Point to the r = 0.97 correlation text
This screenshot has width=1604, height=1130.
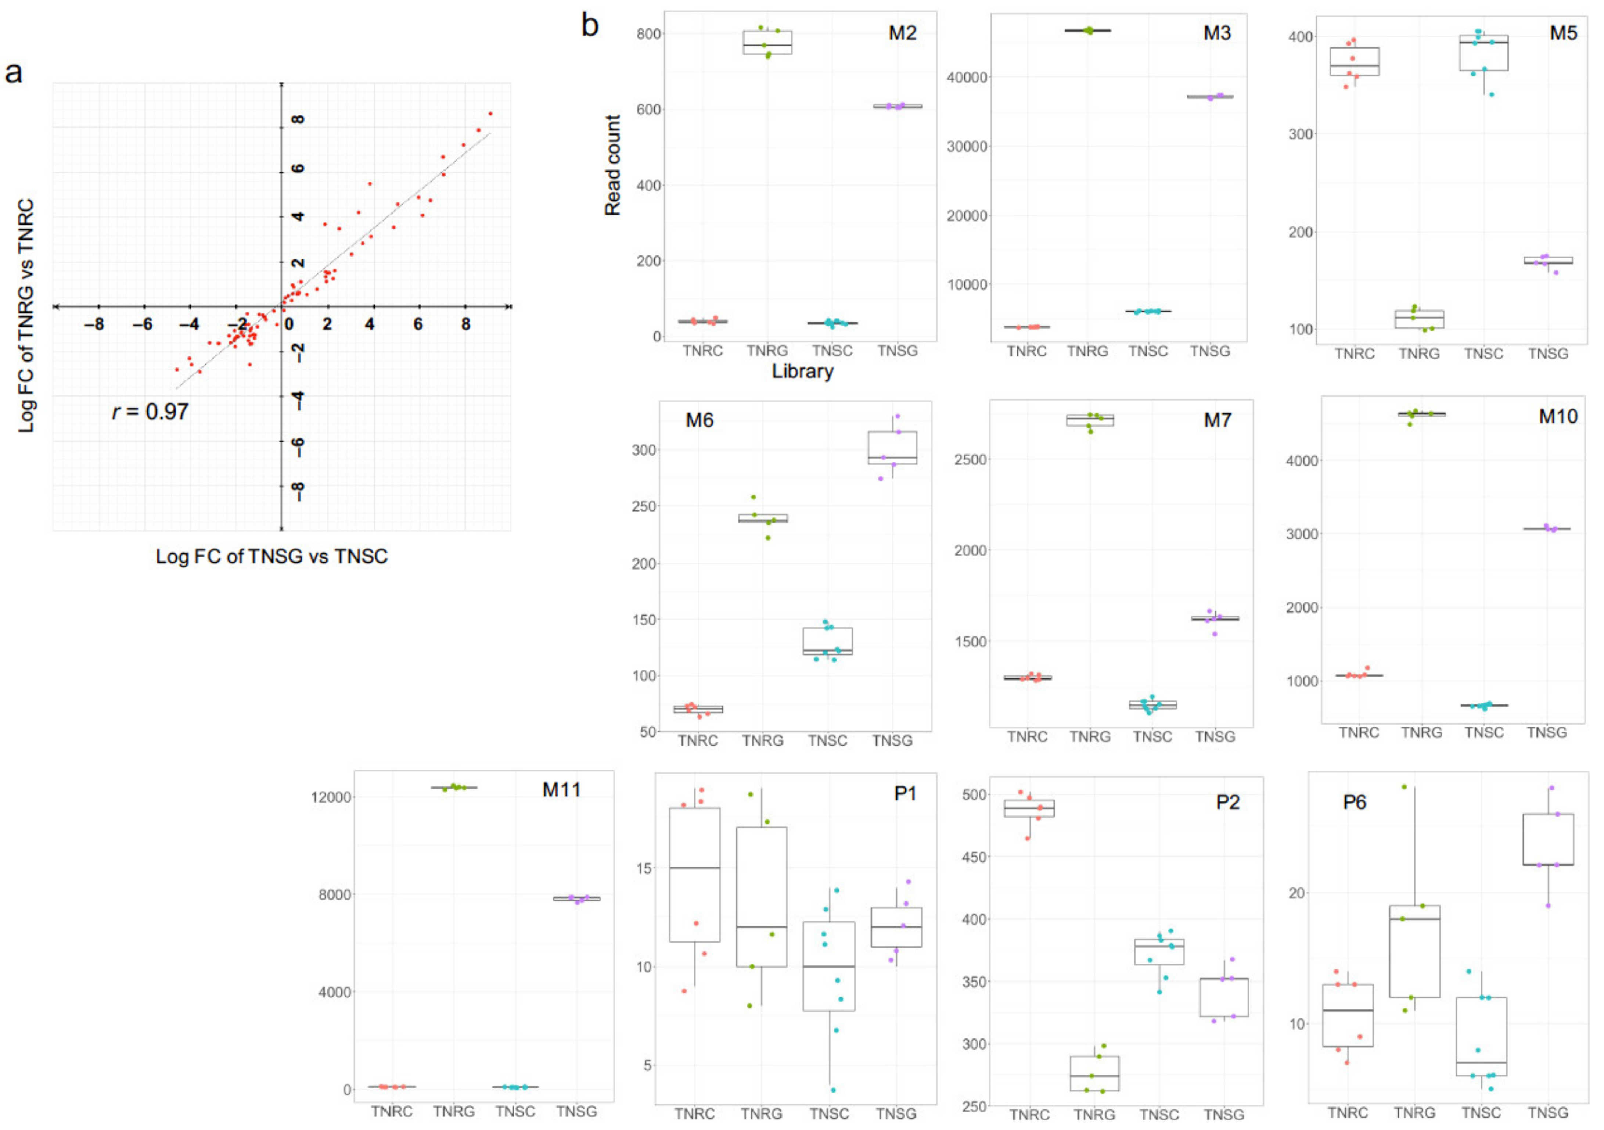(x=150, y=412)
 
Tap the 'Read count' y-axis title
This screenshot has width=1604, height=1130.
(x=613, y=166)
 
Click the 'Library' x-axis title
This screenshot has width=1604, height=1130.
(x=802, y=371)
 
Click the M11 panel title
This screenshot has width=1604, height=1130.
(x=562, y=790)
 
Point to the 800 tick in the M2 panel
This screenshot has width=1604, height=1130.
(x=649, y=33)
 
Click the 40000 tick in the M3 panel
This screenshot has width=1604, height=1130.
(x=967, y=78)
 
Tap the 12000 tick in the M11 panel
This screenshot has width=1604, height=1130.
(x=331, y=797)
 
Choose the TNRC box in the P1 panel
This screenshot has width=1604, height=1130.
(x=694, y=874)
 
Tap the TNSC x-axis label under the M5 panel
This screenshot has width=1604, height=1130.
(x=1483, y=354)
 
